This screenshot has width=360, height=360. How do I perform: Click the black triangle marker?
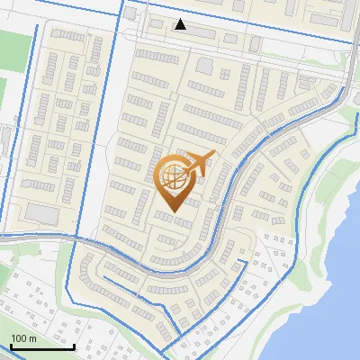pyautogui.click(x=182, y=24)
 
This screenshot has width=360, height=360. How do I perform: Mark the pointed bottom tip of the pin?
pyautogui.click(x=172, y=211)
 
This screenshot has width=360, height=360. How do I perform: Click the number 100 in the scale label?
pyautogui.click(x=18, y=338)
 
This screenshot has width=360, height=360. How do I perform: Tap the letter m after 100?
pyautogui.click(x=31, y=338)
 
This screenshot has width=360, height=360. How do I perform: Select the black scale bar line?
pyautogui.click(x=42, y=346)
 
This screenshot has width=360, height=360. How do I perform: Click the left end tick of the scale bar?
pyautogui.click(x=11, y=345)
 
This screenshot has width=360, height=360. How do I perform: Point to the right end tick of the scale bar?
pyautogui.click(x=74, y=345)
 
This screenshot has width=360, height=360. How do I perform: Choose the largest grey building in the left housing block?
pyautogui.click(x=41, y=212)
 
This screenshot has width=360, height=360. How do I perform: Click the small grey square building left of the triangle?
pyautogui.click(x=129, y=15)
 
